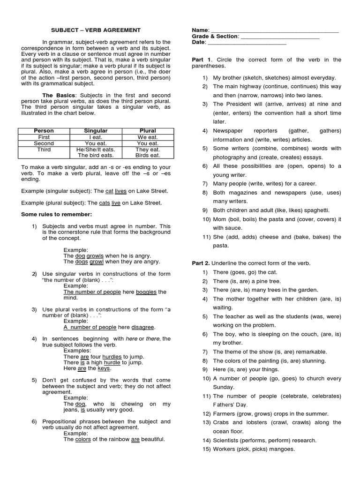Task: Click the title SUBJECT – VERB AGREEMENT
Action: [x=96, y=30]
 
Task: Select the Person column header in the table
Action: [x=44, y=130]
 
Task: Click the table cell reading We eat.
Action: [x=148, y=137]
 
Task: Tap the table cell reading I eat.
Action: [x=96, y=137]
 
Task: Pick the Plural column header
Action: [x=148, y=130]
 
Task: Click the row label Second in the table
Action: [x=44, y=143]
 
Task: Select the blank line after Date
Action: [x=247, y=42]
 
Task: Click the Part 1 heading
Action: [x=202, y=60]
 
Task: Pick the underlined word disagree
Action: [x=143, y=327]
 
